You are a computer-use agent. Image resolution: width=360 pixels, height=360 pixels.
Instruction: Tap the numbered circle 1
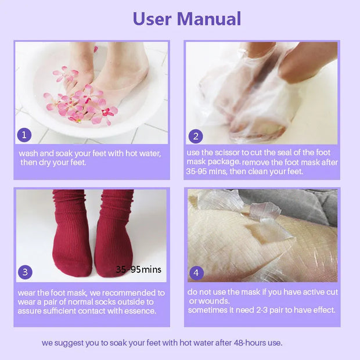tap(23, 136)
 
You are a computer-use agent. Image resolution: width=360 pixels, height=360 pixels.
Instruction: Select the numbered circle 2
tap(196, 136)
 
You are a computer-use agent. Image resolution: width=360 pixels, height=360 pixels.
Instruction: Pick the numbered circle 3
tap(25, 272)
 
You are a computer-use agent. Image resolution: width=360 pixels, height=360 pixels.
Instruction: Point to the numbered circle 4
tap(196, 272)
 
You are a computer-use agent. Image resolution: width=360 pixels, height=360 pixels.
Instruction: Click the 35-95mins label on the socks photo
tap(138, 269)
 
